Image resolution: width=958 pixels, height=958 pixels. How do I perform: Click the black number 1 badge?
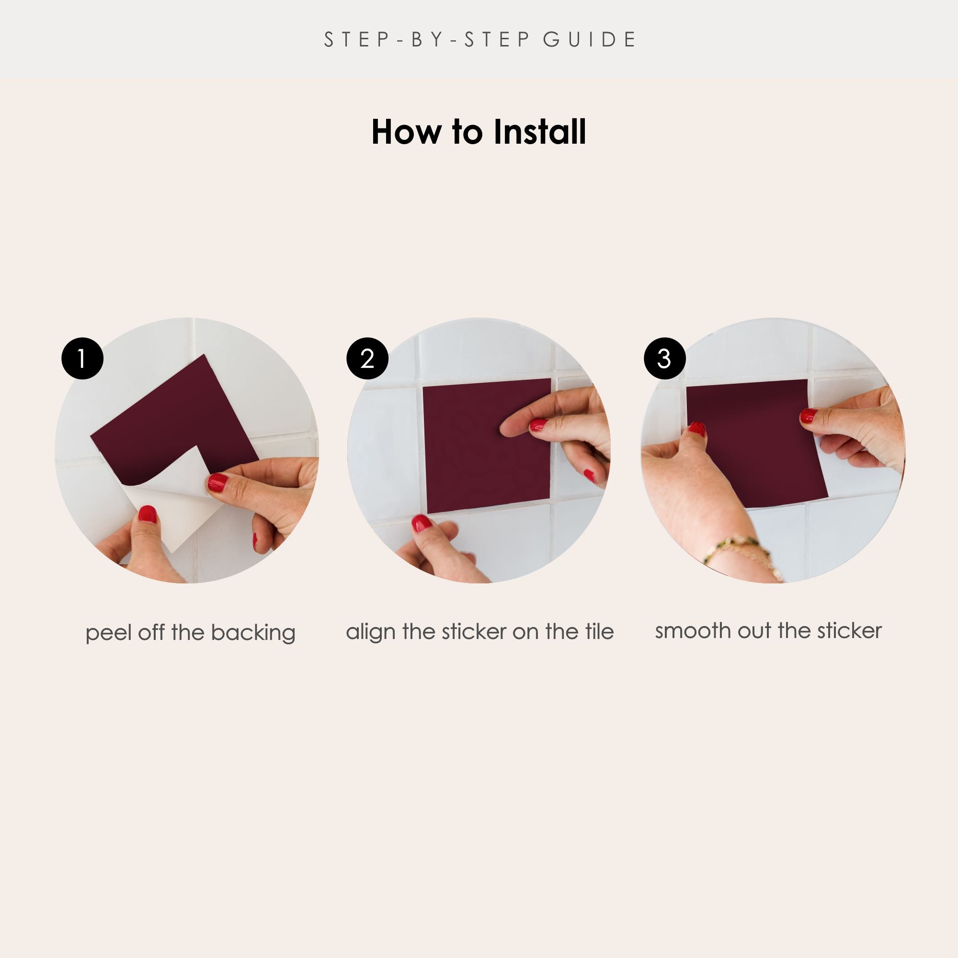pyautogui.click(x=82, y=358)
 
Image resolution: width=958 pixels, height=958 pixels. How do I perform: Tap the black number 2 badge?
pyautogui.click(x=367, y=358)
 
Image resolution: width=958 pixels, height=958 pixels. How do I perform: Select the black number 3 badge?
pyautogui.click(x=664, y=358)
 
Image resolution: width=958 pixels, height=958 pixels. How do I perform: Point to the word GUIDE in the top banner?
pyautogui.click(x=590, y=40)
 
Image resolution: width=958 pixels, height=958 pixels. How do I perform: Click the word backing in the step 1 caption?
pyautogui.click(x=253, y=633)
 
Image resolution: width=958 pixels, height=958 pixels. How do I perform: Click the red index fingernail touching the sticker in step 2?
pyautogui.click(x=538, y=424)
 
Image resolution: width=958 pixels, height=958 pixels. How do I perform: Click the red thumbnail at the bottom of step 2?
pyautogui.click(x=422, y=523)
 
